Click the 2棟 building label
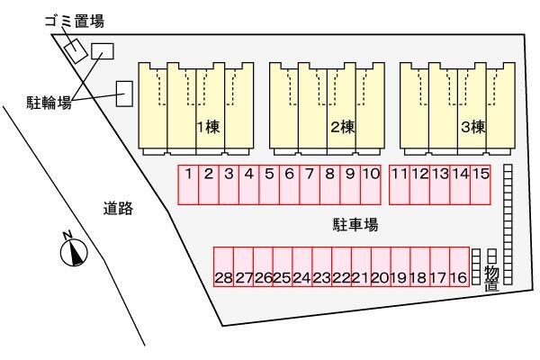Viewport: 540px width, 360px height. tap(341, 127)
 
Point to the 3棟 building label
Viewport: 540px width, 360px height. tap(472, 127)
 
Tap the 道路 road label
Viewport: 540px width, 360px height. tap(117, 209)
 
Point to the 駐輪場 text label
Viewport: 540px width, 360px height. tap(49, 103)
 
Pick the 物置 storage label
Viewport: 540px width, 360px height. tap(491, 278)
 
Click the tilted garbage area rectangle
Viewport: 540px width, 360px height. tap(75, 49)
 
